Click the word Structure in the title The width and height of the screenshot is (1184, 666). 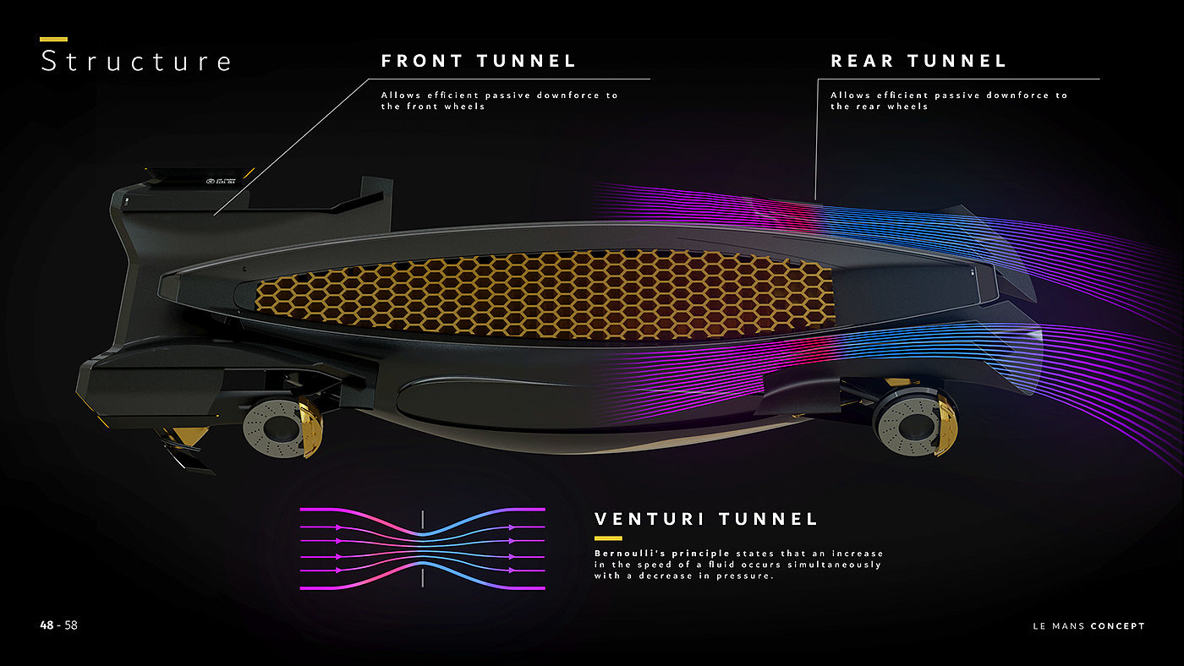pyautogui.click(x=135, y=62)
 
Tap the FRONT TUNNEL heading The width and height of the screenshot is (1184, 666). pyautogui.click(x=479, y=61)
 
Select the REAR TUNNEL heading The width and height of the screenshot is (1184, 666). pyautogui.click(x=918, y=61)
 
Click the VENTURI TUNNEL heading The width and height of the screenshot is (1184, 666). pyautogui.click(x=706, y=519)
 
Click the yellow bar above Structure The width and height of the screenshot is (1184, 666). pyautogui.click(x=53, y=39)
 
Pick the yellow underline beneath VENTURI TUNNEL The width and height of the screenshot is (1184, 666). pyautogui.click(x=608, y=538)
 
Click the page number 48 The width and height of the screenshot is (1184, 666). pyautogui.click(x=47, y=625)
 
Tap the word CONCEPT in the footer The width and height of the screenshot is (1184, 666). pyautogui.click(x=1117, y=626)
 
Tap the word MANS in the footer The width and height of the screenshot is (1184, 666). pyautogui.click(x=1068, y=626)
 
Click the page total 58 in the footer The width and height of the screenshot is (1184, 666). pyautogui.click(x=71, y=625)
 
